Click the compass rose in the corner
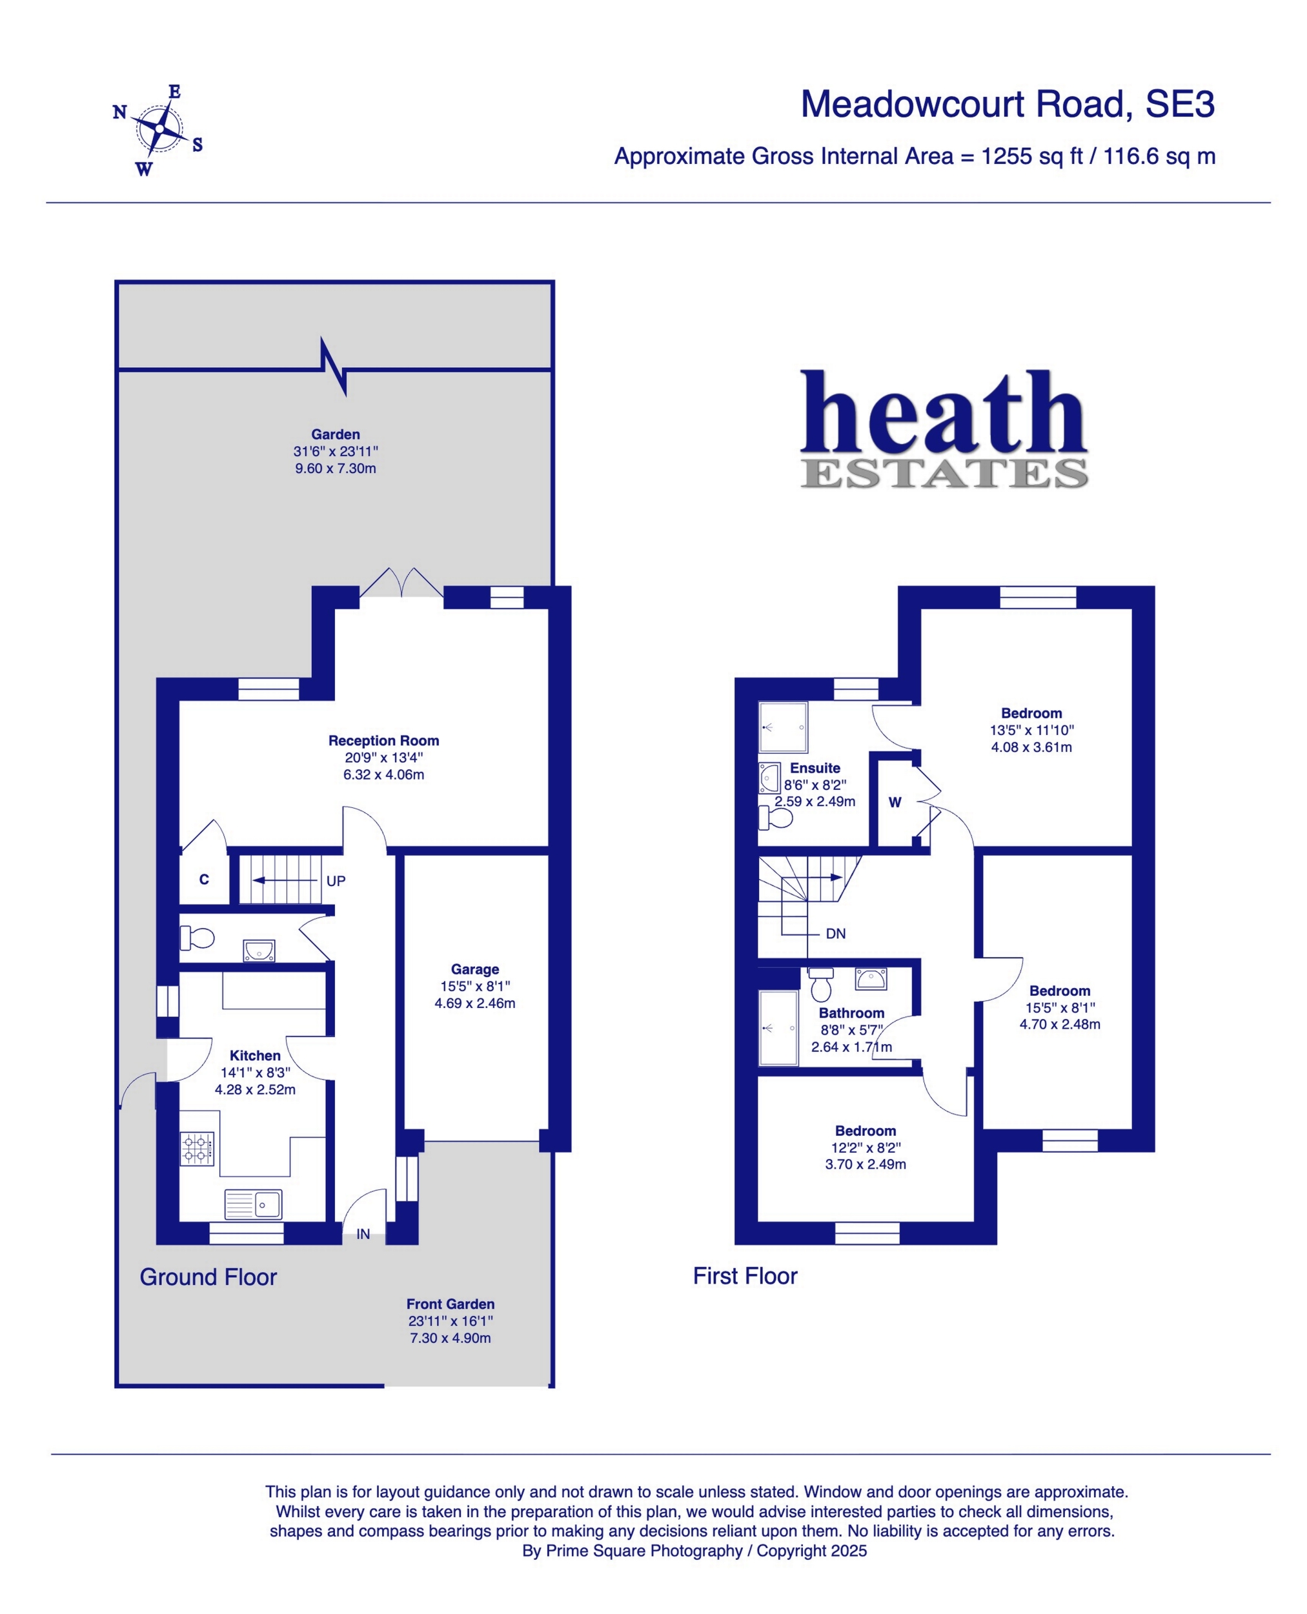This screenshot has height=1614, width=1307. pos(159,130)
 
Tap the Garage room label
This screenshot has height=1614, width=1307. pos(474,969)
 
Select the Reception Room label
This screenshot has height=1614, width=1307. pos(383,740)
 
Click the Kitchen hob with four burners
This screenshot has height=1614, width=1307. pos(196,1149)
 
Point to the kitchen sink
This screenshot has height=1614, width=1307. pos(253,1204)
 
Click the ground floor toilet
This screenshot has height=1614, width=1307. pos(198,938)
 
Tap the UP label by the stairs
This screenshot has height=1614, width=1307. pos(336,881)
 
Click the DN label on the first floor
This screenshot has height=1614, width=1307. pos(836,933)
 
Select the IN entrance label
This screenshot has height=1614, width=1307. pos(363,1234)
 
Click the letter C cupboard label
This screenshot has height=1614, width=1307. pos(204,879)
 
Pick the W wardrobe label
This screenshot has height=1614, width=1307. pos(895,803)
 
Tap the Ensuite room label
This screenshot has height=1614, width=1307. pos(815,768)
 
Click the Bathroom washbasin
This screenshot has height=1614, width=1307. pos(871,978)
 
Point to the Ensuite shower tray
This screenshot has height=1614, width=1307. pos(783,727)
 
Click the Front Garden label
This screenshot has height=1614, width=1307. pos(451,1304)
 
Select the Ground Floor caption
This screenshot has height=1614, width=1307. pos(208,1276)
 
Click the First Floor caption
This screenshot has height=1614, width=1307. pos(745,1276)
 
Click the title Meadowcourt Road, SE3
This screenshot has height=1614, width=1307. pos(1008,104)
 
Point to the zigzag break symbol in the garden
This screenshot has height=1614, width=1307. pos(334,367)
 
